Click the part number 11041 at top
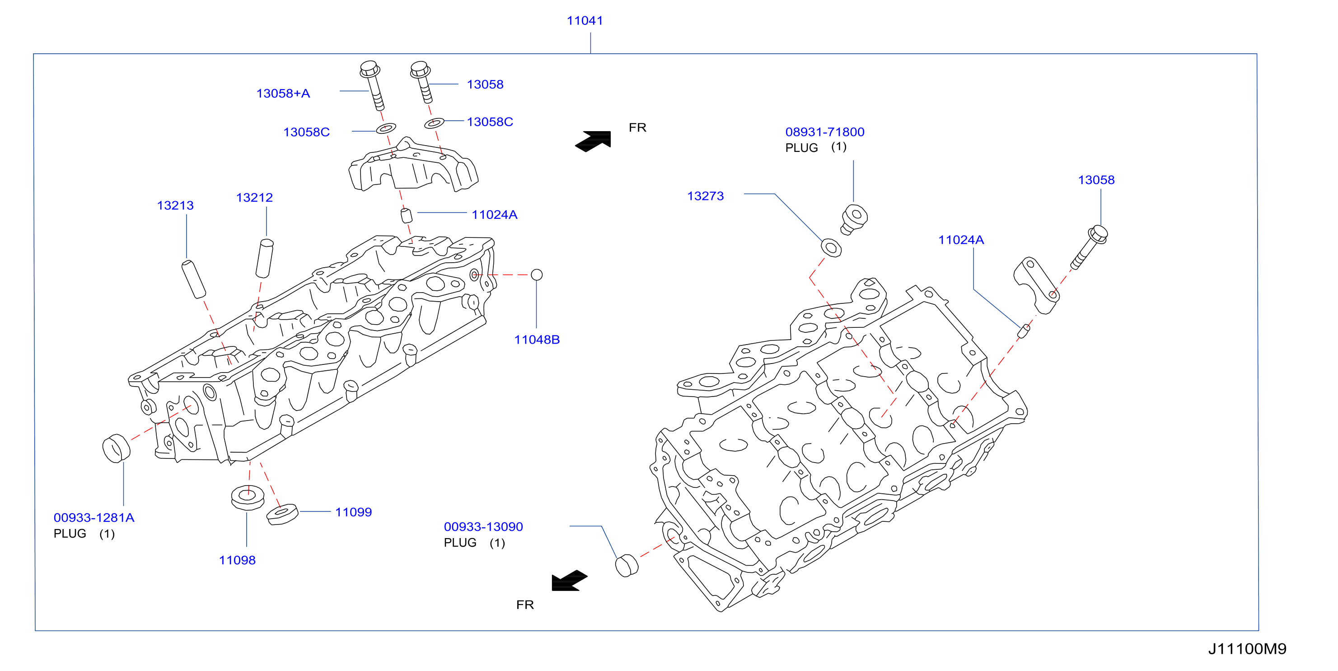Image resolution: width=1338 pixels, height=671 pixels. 585,21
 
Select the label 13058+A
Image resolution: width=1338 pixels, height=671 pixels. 283,94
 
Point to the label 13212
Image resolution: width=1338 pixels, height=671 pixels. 254,198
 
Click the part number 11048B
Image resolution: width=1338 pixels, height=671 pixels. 537,340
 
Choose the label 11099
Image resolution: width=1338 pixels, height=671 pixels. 353,512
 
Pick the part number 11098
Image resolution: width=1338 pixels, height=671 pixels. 237,560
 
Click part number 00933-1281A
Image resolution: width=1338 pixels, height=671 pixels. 94,518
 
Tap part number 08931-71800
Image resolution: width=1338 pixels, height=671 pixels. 825,132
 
